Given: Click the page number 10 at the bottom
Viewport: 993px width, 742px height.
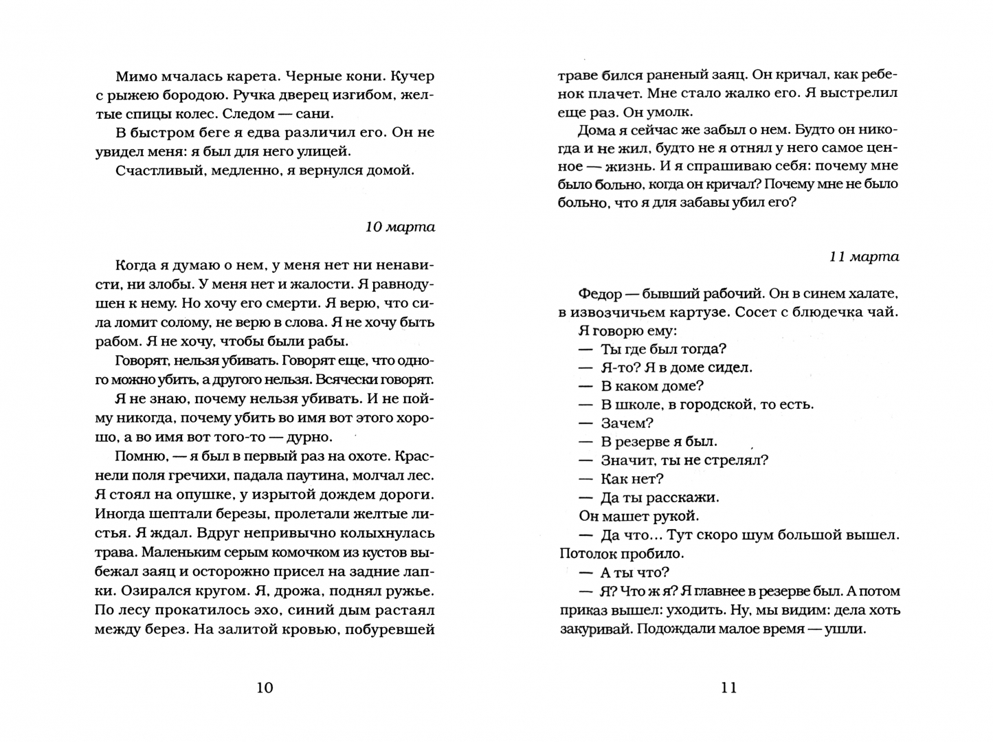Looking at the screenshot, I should [265, 688].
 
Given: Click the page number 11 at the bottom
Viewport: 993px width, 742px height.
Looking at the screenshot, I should [729, 688].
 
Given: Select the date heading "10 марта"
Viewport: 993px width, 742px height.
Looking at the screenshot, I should [400, 227].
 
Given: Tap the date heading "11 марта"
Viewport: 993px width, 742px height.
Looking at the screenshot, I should [864, 257].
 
